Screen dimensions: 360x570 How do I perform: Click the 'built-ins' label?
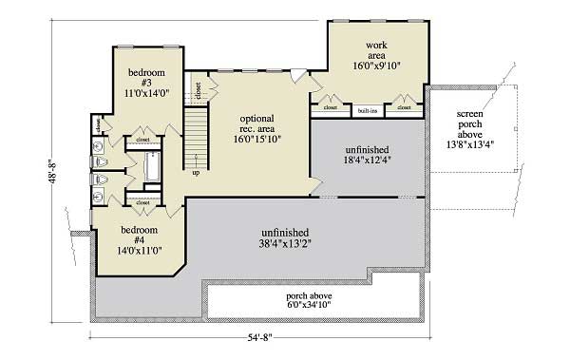click(367, 110)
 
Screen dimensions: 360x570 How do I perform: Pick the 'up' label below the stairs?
click(196, 173)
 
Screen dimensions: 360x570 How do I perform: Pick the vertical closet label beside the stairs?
click(198, 91)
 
